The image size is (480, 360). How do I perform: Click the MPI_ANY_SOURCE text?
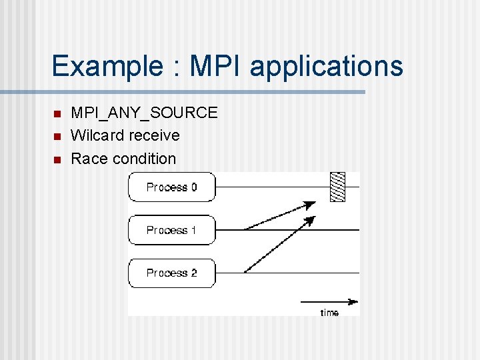coord(144,113)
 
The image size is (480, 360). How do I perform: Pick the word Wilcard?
coord(96,135)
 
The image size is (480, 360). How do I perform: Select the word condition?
coord(144,159)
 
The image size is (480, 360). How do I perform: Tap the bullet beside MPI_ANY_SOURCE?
coord(57,113)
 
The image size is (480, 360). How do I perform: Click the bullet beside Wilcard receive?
coord(57,136)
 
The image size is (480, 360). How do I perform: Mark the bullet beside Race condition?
coord(57,159)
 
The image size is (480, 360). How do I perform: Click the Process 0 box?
coord(172,187)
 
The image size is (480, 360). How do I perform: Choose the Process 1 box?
coord(172,230)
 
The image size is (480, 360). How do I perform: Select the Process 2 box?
coord(172,273)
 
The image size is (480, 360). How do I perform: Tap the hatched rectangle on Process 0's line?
coord(338,187)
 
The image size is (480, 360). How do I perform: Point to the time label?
coord(329,313)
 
